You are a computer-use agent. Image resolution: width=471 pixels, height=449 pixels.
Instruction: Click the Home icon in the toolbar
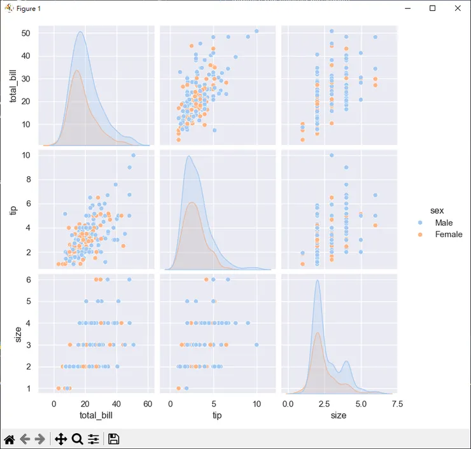coord(10,439)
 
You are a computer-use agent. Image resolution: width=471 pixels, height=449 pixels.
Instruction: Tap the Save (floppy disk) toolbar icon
coord(114,439)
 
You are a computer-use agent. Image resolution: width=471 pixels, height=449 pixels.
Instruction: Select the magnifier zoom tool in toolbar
coord(78,439)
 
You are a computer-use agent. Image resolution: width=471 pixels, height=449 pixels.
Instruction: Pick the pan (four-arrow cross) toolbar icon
coord(61,439)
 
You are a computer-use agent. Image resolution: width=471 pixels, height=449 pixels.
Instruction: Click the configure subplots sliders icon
coord(94,439)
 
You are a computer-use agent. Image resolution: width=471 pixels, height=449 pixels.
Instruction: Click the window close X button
coord(457,8)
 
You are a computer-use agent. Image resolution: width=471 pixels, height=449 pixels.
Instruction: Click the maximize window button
coord(433,8)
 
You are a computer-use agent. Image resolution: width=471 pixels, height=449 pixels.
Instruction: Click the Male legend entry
coord(444,223)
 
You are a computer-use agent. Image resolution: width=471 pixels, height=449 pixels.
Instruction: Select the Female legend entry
coord(448,235)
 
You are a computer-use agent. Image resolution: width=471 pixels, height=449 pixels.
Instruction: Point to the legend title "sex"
coord(436,210)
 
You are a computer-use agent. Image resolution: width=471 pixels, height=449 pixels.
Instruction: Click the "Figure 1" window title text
coord(29,8)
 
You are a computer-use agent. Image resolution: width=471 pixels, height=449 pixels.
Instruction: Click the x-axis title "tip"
coord(216,415)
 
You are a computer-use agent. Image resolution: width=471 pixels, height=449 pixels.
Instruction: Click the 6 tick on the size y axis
coord(29,280)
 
